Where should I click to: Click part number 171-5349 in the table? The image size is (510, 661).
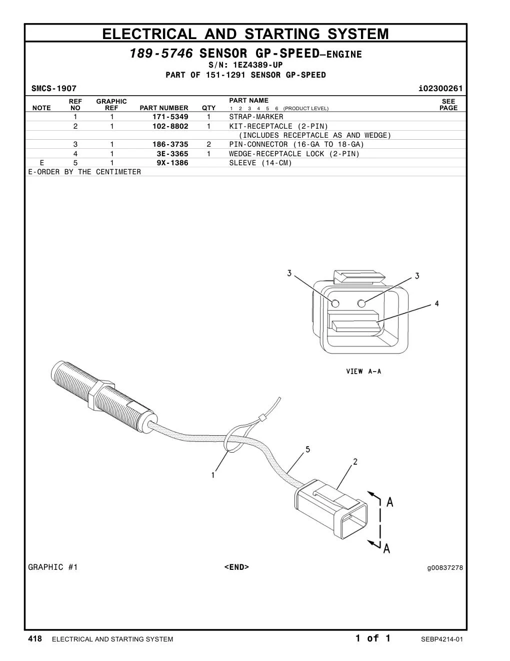(170, 117)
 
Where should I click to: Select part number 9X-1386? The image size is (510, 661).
(172, 163)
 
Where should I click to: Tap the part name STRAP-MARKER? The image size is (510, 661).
(256, 117)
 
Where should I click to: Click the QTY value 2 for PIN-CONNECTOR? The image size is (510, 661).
(208, 144)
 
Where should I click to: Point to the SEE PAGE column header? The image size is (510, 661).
(448, 104)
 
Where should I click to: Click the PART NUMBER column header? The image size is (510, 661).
(164, 108)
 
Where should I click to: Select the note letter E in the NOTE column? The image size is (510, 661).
(42, 163)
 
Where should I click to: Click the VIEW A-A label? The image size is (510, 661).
(363, 371)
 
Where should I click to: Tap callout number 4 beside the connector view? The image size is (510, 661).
(436, 303)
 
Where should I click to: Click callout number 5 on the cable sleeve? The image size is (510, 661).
(307, 449)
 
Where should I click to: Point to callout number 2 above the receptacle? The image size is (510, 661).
(355, 462)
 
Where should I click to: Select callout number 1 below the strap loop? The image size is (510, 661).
(213, 475)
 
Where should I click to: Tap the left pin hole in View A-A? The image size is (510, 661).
(335, 303)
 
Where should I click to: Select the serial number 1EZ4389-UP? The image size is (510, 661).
(257, 65)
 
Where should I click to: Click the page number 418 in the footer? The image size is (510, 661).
(35, 638)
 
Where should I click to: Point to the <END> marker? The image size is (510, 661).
(236, 567)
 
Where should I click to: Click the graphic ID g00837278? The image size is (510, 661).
(445, 568)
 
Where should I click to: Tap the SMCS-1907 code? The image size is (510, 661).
(54, 89)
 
